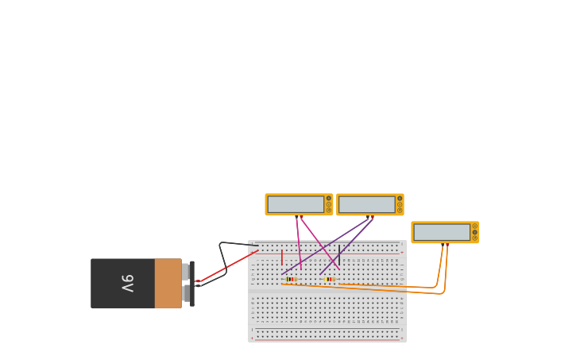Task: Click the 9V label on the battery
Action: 127,283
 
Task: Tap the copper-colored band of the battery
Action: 168,283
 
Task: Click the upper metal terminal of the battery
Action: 186,272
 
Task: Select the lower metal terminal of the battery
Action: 186,293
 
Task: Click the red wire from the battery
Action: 230,265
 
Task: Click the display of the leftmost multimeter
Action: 296,204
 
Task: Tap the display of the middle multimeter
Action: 366,204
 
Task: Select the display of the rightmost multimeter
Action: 442,232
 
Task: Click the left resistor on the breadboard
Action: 291,279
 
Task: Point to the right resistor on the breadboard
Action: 330,279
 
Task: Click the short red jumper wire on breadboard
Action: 281,257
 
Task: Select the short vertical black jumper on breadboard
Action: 339,254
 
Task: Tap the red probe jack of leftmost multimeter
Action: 301,216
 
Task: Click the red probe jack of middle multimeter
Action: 373,216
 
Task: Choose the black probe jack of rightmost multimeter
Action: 443,244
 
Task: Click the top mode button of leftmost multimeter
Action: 329,198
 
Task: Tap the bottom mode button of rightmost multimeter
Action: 475,238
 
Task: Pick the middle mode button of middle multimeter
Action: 400,204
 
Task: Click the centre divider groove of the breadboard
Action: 327,291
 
